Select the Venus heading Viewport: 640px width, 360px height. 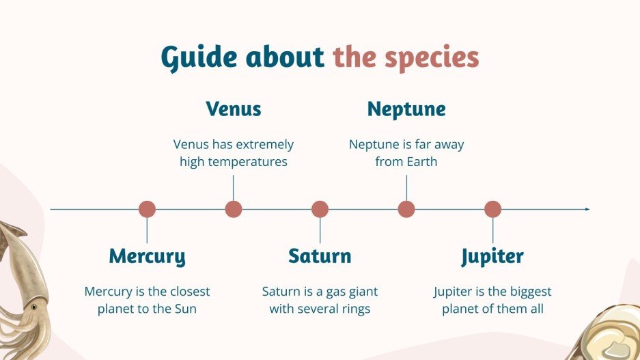[x=234, y=109]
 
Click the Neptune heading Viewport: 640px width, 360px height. [x=406, y=109]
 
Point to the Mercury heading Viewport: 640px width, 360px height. [x=147, y=257]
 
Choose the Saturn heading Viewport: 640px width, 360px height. [x=320, y=257]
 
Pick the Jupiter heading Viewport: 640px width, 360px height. [x=492, y=257]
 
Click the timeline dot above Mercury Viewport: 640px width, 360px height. [x=147, y=210]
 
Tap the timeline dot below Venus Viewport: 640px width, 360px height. [x=234, y=210]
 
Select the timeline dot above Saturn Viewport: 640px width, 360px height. [x=320, y=210]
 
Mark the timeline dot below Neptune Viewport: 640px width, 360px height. [x=406, y=210]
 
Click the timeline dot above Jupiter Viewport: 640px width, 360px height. [x=492, y=210]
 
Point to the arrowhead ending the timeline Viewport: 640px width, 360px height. [x=587, y=210]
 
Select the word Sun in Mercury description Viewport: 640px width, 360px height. [x=184, y=309]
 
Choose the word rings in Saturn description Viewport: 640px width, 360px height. [x=354, y=309]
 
